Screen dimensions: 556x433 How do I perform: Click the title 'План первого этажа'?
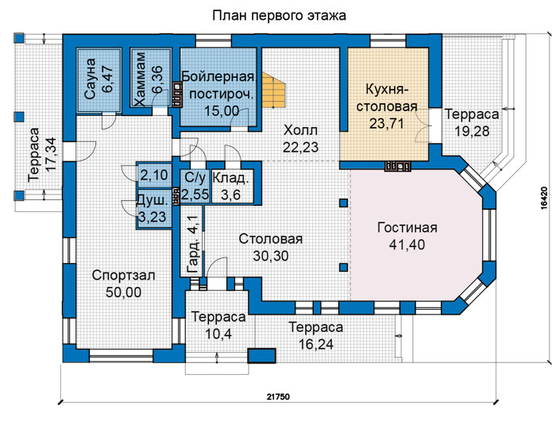point(279,16)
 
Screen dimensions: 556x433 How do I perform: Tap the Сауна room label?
point(90,79)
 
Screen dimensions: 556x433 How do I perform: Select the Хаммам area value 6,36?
point(157,79)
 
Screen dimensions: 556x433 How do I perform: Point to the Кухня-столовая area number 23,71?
point(387,123)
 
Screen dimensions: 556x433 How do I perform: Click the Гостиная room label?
point(407,227)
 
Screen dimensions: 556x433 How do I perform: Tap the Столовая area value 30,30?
point(271,256)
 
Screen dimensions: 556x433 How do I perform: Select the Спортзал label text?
point(123,275)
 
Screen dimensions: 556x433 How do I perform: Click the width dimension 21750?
point(278,396)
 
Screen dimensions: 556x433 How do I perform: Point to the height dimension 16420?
point(544,199)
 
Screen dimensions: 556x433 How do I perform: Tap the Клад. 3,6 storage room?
point(232,187)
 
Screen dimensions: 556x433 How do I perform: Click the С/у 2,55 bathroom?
point(195,187)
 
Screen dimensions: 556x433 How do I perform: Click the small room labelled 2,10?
point(155,175)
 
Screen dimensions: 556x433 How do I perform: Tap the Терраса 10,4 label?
point(218,325)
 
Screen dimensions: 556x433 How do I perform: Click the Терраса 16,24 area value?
point(316,344)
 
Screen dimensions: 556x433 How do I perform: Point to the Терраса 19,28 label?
point(472,122)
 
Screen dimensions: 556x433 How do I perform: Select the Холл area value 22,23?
point(301,147)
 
